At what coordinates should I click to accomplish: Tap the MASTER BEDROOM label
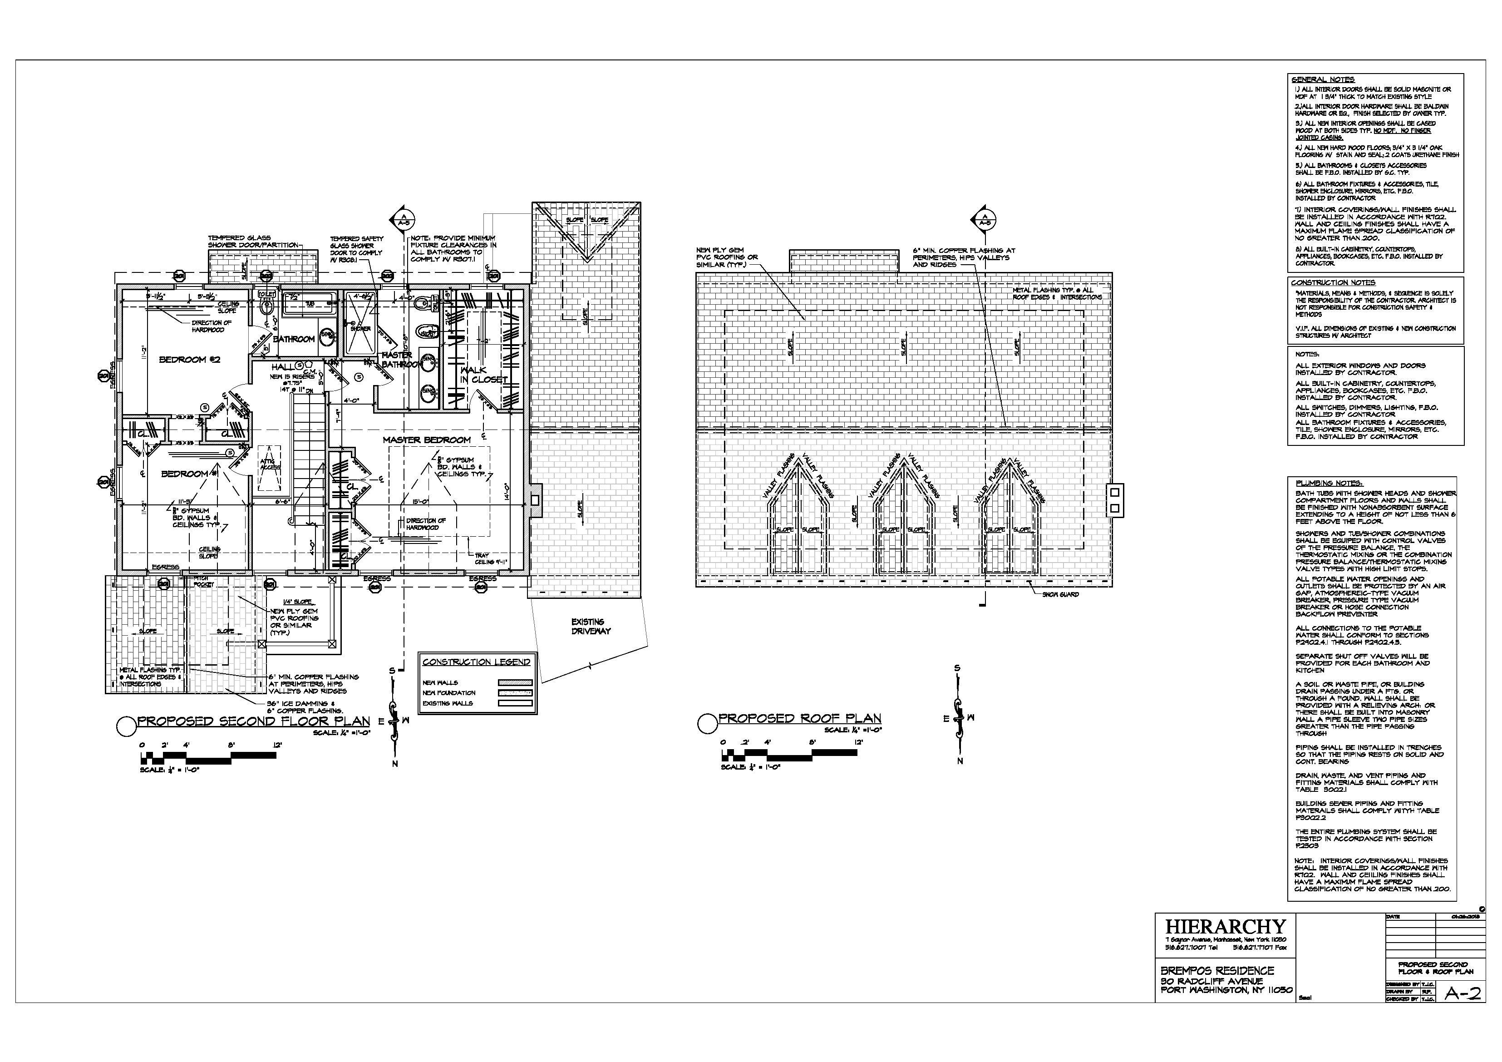(x=427, y=440)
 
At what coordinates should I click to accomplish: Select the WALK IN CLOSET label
(x=483, y=375)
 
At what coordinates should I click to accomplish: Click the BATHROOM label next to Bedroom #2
(x=294, y=339)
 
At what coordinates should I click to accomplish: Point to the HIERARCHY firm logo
(x=1225, y=927)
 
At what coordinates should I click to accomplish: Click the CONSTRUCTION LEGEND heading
(x=476, y=662)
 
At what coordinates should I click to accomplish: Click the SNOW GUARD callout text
(x=1060, y=594)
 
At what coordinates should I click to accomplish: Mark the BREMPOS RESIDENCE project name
(x=1217, y=970)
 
